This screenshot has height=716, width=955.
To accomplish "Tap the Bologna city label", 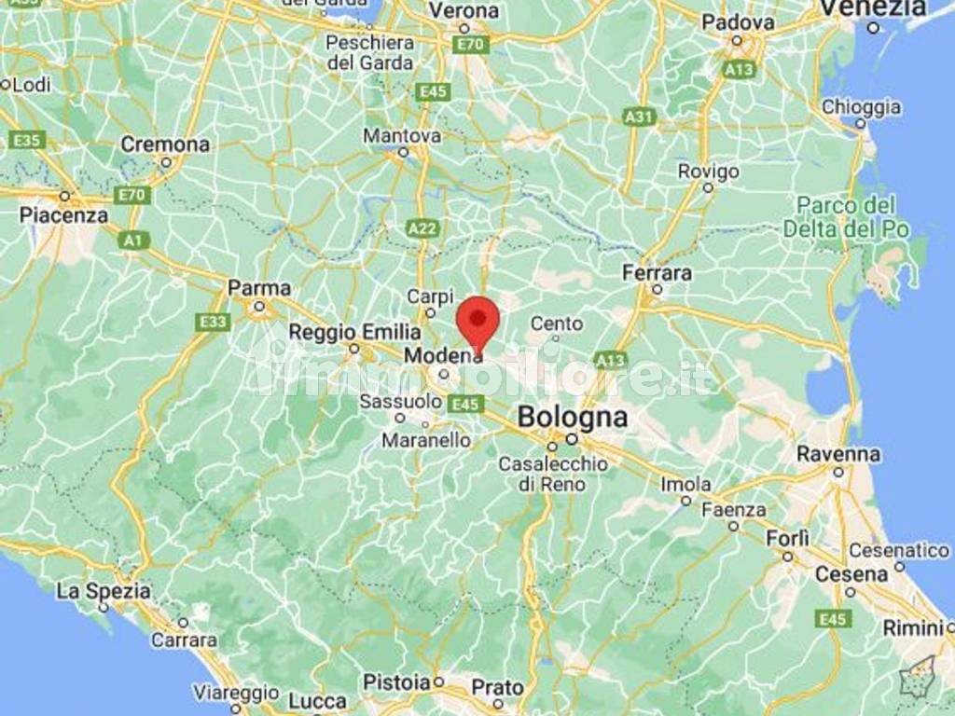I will (x=572, y=417).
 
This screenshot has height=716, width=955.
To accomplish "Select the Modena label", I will (x=443, y=356).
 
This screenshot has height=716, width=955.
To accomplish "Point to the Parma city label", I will (x=259, y=288).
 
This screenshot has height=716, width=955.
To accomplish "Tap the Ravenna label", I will (x=837, y=454).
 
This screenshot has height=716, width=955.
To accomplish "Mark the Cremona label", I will (x=165, y=145).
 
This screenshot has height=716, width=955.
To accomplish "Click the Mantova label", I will (x=402, y=136).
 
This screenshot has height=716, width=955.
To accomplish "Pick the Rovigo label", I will (x=708, y=172).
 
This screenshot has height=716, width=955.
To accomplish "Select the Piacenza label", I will (x=64, y=215).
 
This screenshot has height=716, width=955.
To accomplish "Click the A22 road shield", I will (x=422, y=227).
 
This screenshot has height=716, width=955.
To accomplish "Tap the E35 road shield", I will (x=27, y=140).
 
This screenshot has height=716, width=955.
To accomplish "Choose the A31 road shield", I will (x=639, y=117).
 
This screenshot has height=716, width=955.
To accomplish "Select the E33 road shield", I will (x=214, y=323).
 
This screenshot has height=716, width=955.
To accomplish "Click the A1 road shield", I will (x=134, y=241).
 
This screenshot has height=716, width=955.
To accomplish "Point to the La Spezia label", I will (x=103, y=591).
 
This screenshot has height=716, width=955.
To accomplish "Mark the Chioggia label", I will (x=861, y=107).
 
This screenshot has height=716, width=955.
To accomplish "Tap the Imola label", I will (x=685, y=485).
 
